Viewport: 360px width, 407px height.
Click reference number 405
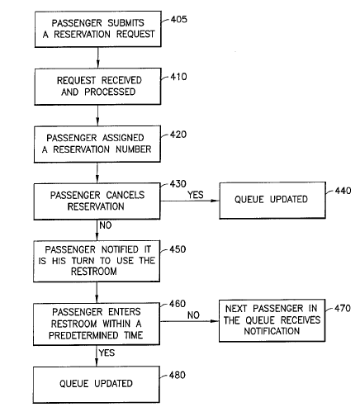(x=179, y=19)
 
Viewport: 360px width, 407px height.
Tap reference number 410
(x=178, y=77)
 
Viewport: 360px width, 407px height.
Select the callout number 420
(x=178, y=135)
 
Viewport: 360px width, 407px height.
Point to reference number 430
(x=178, y=184)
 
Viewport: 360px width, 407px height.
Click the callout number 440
(x=343, y=191)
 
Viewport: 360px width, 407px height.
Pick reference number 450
(x=178, y=249)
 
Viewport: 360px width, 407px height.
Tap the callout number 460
(x=178, y=304)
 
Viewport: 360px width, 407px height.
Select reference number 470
(x=343, y=308)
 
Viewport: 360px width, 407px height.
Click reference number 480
(x=178, y=375)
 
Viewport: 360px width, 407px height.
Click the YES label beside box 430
(x=196, y=195)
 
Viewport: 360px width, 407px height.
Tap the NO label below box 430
(x=106, y=225)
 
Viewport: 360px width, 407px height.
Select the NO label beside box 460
(x=193, y=315)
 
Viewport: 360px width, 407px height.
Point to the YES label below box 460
(x=107, y=353)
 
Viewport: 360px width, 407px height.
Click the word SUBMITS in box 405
(x=126, y=23)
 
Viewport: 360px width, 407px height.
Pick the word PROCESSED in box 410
(x=110, y=92)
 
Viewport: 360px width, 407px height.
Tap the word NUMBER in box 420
(x=134, y=149)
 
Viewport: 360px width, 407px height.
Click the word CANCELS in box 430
(x=126, y=195)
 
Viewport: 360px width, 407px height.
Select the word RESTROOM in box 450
(x=94, y=272)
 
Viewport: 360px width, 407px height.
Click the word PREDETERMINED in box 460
(x=83, y=335)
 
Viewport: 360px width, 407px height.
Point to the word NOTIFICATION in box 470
(x=272, y=331)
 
